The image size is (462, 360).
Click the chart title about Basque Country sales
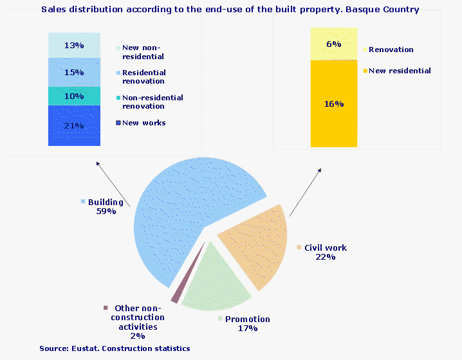coord(230,10)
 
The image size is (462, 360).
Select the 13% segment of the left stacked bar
coord(75,45)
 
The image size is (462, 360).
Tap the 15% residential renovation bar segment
coord(75,72)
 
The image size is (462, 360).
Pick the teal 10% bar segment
coord(75,96)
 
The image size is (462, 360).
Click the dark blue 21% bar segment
coord(75,125)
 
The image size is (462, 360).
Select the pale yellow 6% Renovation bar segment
coord(333,44)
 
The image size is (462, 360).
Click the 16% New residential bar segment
coord(333,104)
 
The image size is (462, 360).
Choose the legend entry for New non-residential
coord(143,51)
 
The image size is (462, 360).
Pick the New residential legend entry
coord(399,71)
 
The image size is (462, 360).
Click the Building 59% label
coord(105,206)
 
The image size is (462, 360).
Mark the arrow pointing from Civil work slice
coord(305,192)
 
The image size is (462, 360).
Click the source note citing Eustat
coord(114,348)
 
